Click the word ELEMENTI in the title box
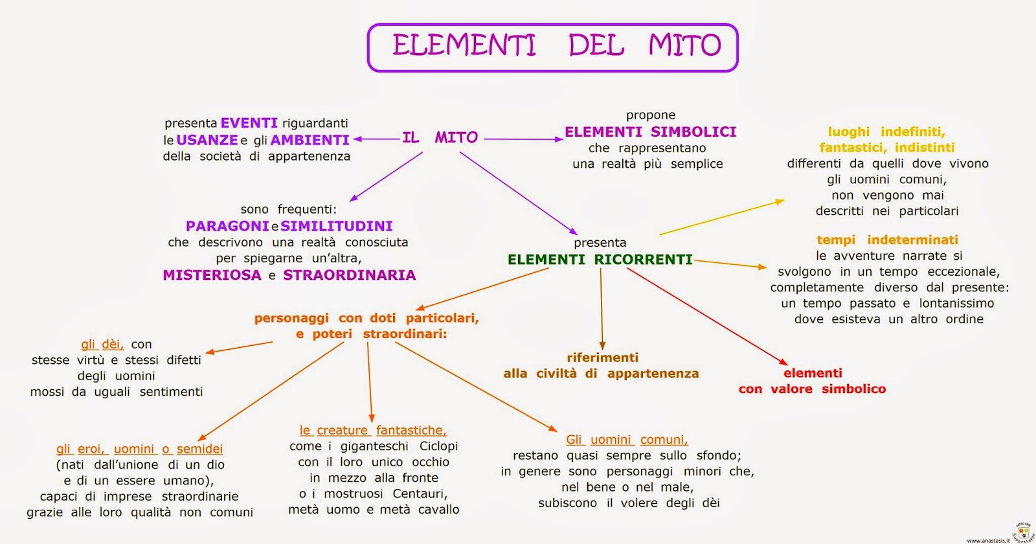pyautogui.click(x=464, y=45)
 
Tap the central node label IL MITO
pyautogui.click(x=440, y=137)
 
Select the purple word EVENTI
pyautogui.click(x=249, y=123)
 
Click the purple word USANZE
pyautogui.click(x=207, y=140)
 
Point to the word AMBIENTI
pyautogui.click(x=310, y=140)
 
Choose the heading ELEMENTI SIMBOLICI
pyautogui.click(x=650, y=132)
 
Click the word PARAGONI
pyautogui.click(x=227, y=226)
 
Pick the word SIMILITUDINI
pyautogui.click(x=336, y=226)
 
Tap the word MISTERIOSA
pyautogui.click(x=212, y=275)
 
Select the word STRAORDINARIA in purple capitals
pyautogui.click(x=349, y=275)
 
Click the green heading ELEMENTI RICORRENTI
pyautogui.click(x=600, y=260)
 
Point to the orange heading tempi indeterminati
pyautogui.click(x=887, y=240)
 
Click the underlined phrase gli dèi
pyautogui.click(x=102, y=344)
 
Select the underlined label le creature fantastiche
pyautogui.click(x=373, y=430)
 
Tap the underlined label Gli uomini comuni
pyautogui.click(x=627, y=440)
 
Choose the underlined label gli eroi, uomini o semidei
pyautogui.click(x=139, y=449)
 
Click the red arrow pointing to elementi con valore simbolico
pyautogui.click(x=706, y=317)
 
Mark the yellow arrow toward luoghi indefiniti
pyautogui.click(x=721, y=218)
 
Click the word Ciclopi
pyautogui.click(x=438, y=446)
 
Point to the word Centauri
pyautogui.click(x=420, y=494)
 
